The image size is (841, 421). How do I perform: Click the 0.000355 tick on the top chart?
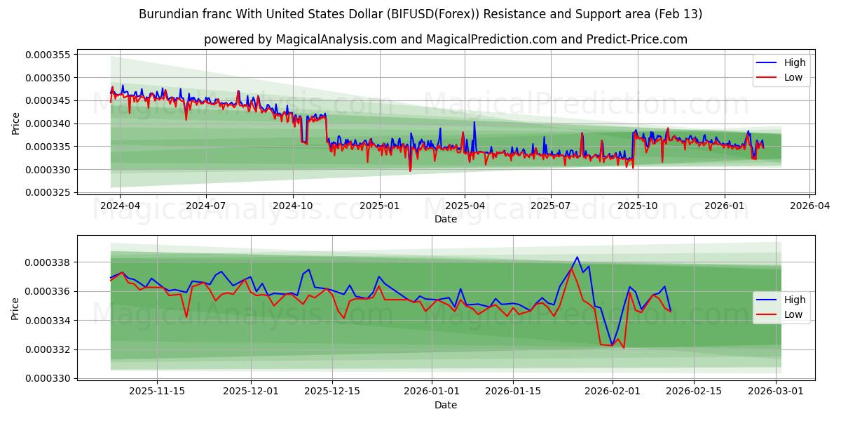pos(48,55)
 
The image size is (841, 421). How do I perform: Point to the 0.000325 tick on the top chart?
pos(48,193)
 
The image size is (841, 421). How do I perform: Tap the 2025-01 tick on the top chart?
pos(379,206)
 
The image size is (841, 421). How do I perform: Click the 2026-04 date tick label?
pos(809,206)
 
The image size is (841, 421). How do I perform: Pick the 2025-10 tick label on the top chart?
pos(637,206)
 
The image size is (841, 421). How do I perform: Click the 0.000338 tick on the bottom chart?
pos(48,262)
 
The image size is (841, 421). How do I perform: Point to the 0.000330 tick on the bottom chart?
pos(48,379)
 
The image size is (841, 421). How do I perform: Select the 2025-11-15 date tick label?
pos(157,392)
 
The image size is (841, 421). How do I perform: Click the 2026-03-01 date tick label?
pos(776,392)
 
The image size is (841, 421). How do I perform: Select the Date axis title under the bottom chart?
pos(445,405)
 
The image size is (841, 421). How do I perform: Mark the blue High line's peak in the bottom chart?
pos(577,257)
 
